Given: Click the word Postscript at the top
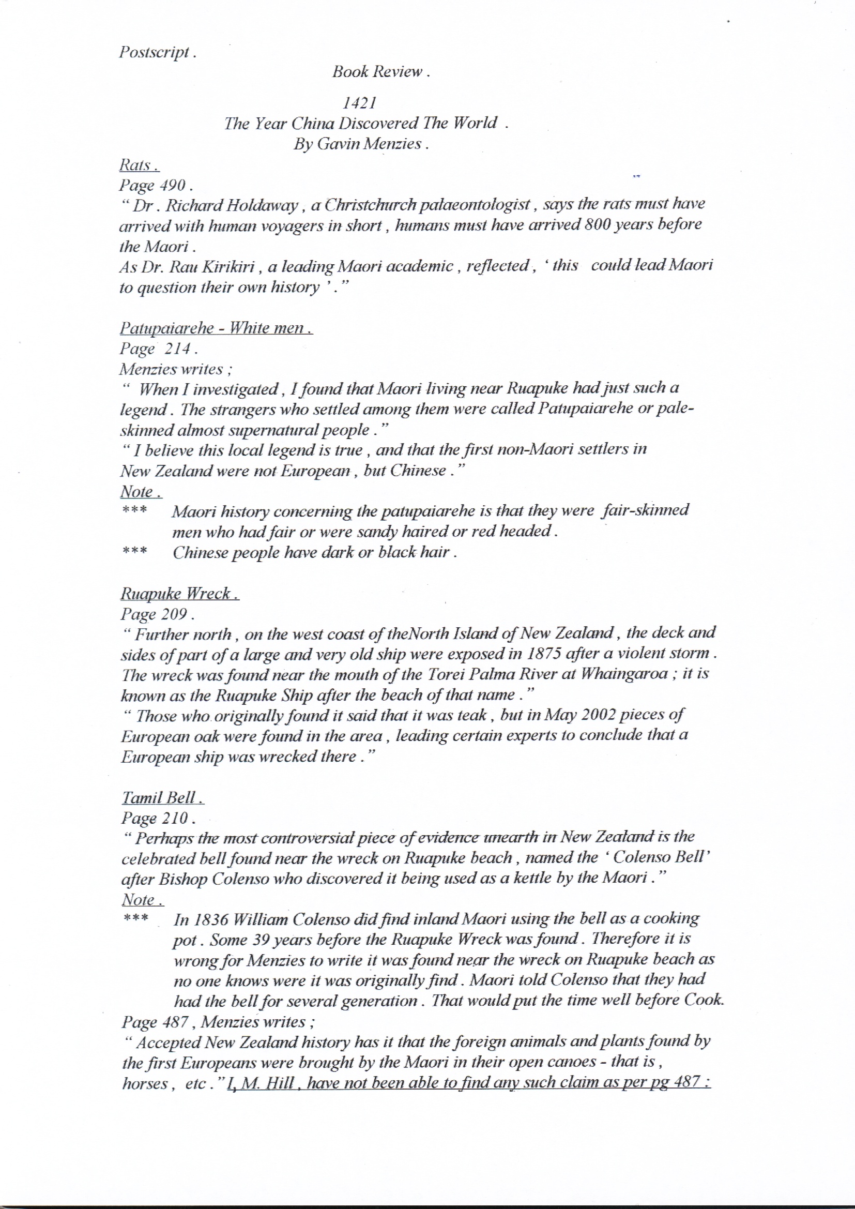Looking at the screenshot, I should [154, 53].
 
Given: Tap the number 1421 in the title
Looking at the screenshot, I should [359, 103].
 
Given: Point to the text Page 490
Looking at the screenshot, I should [152, 185].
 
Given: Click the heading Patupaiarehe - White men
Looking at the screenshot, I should [216, 328].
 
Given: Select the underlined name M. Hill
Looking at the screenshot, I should [267, 1083].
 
